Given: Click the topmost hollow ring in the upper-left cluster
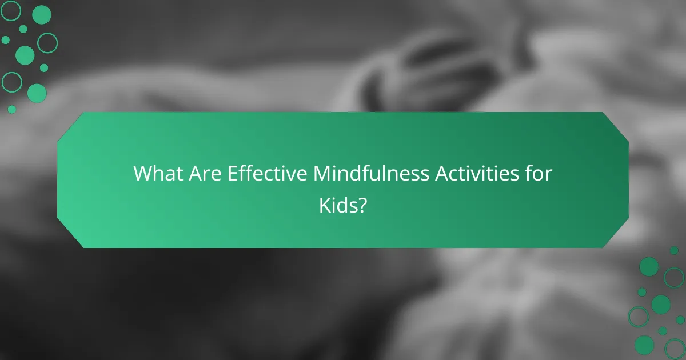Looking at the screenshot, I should [x=11, y=10].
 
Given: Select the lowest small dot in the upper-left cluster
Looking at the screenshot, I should [x=12, y=109].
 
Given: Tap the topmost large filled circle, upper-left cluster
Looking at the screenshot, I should [x=42, y=15].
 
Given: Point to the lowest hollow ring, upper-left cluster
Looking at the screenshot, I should [x=11, y=82].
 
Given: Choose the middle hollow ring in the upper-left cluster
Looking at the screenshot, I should [x=47, y=42].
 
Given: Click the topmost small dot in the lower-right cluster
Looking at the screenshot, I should [x=674, y=250].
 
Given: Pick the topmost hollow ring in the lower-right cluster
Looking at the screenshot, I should [x=674, y=278].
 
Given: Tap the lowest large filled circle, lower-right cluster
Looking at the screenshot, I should [x=644, y=345].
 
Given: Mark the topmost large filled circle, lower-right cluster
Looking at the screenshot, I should [x=649, y=266].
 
